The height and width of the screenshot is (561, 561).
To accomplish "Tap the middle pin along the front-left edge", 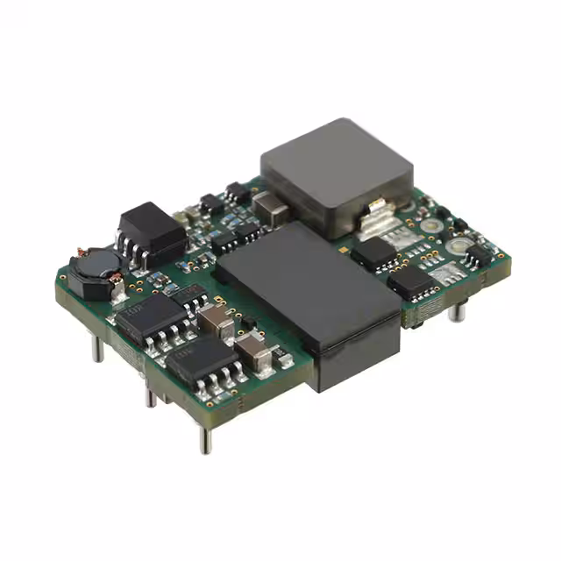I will coord(151,394).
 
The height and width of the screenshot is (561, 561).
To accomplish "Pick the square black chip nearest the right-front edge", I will coord(410,281).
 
